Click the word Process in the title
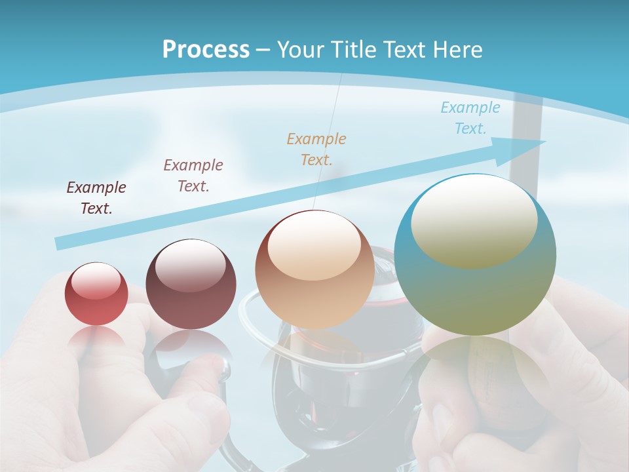[x=206, y=50]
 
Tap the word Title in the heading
[x=354, y=50]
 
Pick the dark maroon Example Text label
[x=96, y=198]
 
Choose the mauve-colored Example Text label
[x=193, y=176]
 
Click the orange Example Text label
[x=316, y=149]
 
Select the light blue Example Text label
[x=470, y=118]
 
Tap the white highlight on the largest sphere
[x=474, y=220]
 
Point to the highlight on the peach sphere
[x=314, y=246]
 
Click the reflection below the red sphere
[x=96, y=338]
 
